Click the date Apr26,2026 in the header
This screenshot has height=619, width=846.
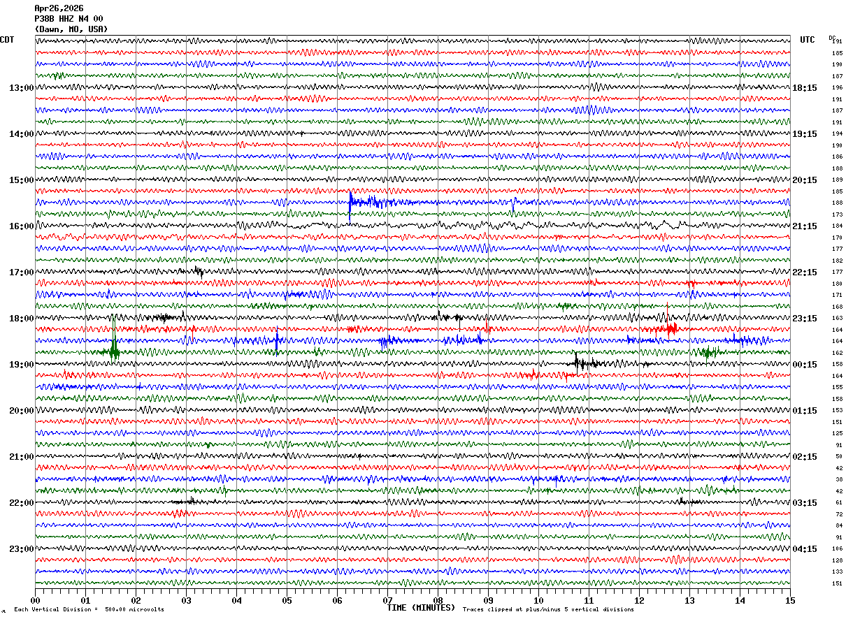59,8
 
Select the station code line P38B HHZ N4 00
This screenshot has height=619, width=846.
69,19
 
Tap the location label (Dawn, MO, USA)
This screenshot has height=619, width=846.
71,29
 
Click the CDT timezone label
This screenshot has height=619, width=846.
7,40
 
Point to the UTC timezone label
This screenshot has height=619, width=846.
808,40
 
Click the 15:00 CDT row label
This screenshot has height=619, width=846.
21,180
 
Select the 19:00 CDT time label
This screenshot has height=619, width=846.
21,365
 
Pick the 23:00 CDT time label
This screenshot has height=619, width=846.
21,549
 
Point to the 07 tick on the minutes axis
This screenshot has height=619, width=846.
387,600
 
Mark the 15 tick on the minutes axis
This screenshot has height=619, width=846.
790,600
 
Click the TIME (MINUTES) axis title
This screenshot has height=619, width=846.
421,608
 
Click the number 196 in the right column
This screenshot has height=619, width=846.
837,88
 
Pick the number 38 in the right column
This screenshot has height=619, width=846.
838,480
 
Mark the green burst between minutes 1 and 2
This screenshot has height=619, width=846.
114,351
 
